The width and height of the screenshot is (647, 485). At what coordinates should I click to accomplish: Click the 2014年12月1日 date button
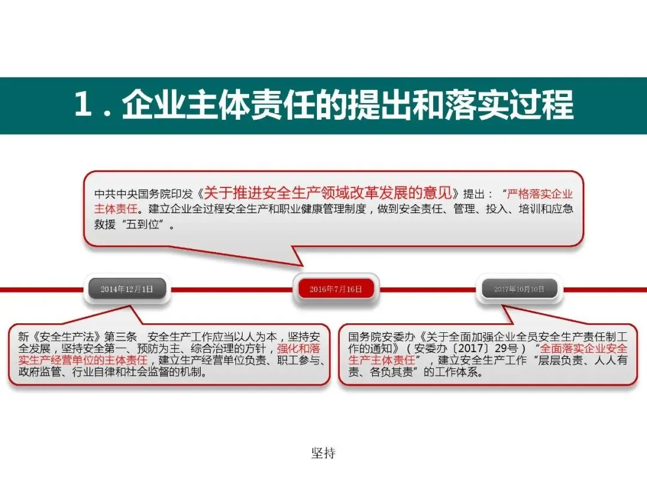coord(127,289)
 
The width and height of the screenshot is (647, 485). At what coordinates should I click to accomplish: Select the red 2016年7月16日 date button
coord(335,289)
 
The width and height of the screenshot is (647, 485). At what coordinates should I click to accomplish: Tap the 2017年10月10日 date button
coord(519,289)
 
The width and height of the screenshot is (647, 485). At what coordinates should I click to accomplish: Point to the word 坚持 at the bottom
coord(323,453)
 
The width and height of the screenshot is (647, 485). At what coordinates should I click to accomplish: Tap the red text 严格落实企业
coord(540,194)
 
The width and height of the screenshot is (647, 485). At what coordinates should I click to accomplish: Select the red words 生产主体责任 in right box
coord(382,360)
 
